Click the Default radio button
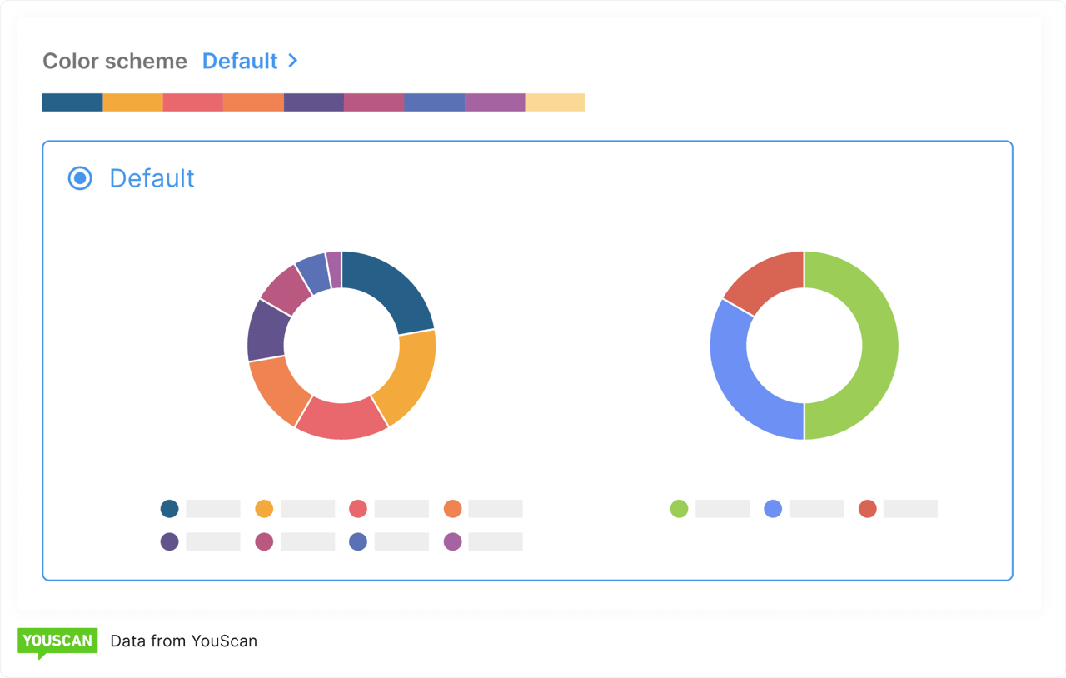80,178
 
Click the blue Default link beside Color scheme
240,61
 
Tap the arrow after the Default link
292,61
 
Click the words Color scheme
115,61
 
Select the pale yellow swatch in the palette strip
555,102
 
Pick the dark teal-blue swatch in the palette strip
72,102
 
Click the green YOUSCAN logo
57,641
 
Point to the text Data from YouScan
183,641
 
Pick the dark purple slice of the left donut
266,330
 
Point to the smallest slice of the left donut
334,270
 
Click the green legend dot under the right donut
680,509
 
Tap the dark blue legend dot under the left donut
170,509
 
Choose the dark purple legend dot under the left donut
170,541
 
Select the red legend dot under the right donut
868,509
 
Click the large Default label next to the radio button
152,178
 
